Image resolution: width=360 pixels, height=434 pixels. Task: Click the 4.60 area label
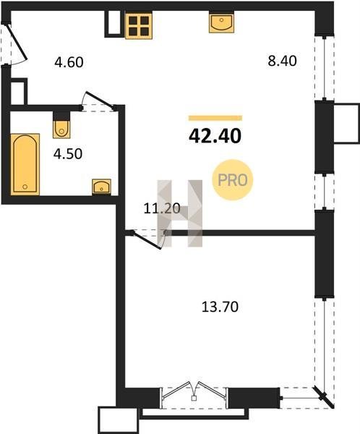point(69,62)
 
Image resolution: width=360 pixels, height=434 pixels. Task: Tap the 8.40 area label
point(282,61)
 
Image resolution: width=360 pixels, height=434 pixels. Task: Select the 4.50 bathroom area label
point(68,154)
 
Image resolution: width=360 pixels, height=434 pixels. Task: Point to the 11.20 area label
point(162,208)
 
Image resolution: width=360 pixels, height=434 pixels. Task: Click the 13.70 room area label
point(220,307)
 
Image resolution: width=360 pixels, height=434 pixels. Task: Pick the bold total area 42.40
point(215,136)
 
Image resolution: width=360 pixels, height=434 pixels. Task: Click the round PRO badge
point(233,180)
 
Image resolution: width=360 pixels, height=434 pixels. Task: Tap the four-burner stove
point(139,25)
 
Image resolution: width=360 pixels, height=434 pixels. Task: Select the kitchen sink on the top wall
point(221,22)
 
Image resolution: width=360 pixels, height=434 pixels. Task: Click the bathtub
point(25,164)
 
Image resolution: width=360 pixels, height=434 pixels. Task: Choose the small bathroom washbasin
point(101,187)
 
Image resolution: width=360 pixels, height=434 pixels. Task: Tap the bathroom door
point(98,101)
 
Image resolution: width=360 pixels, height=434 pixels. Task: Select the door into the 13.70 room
point(148,239)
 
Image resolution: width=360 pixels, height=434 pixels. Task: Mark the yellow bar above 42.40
point(215,118)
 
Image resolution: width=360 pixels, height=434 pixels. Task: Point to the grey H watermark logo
point(180,213)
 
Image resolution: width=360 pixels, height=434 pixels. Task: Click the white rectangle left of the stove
point(114,23)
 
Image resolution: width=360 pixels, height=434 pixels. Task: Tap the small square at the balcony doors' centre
point(194,399)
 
